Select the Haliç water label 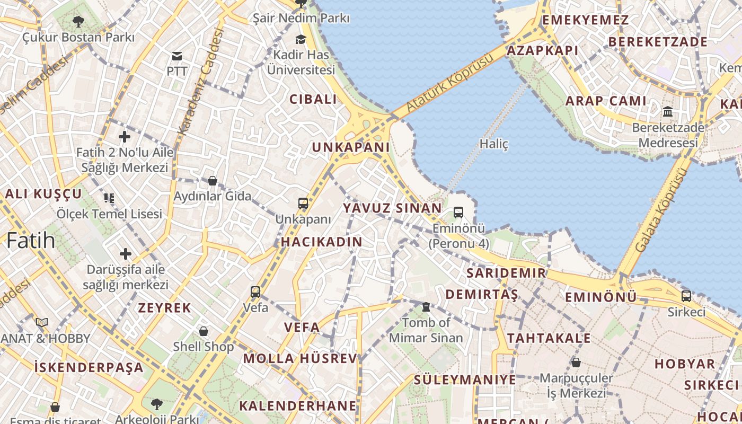pos(494,144)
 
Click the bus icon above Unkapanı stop pos(303,204)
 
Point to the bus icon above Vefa pos(255,291)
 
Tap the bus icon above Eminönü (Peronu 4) pos(458,213)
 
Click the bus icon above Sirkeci pos(686,296)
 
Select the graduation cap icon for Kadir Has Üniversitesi pos(301,39)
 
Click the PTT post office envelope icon pos(177,56)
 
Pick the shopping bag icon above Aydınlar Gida pos(213,181)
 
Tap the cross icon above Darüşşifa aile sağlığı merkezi pos(126,254)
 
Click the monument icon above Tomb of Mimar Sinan pos(426,307)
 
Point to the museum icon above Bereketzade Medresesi pos(668,112)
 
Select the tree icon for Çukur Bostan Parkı pos(78,22)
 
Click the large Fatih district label pos(31,240)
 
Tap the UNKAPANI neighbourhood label pos(351,147)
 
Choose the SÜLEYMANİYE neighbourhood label pos(465,379)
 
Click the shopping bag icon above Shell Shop pos(204,331)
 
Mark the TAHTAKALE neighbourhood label pos(549,338)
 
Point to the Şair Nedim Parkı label pos(301,18)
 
